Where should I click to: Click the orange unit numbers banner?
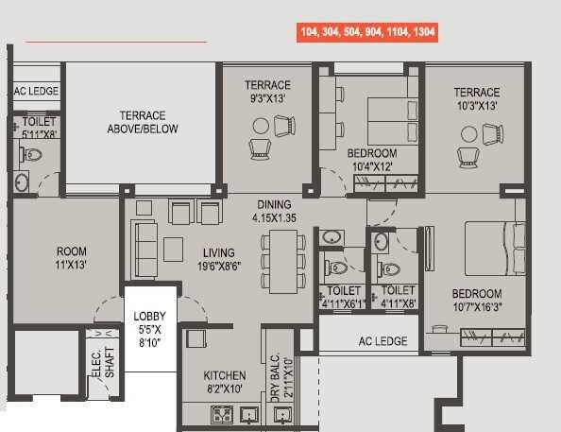point(366,32)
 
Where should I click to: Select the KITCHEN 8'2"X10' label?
point(225,382)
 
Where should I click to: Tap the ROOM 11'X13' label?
point(71,258)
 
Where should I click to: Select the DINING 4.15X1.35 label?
point(274,211)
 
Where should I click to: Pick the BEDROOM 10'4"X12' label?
point(371,160)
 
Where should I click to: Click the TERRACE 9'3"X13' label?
point(267,91)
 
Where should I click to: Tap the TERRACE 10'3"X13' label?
point(476,98)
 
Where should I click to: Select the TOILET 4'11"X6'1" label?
point(342,297)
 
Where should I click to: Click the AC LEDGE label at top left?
point(36,92)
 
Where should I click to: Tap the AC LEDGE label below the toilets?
point(382,340)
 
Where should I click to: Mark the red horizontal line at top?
point(115,42)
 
